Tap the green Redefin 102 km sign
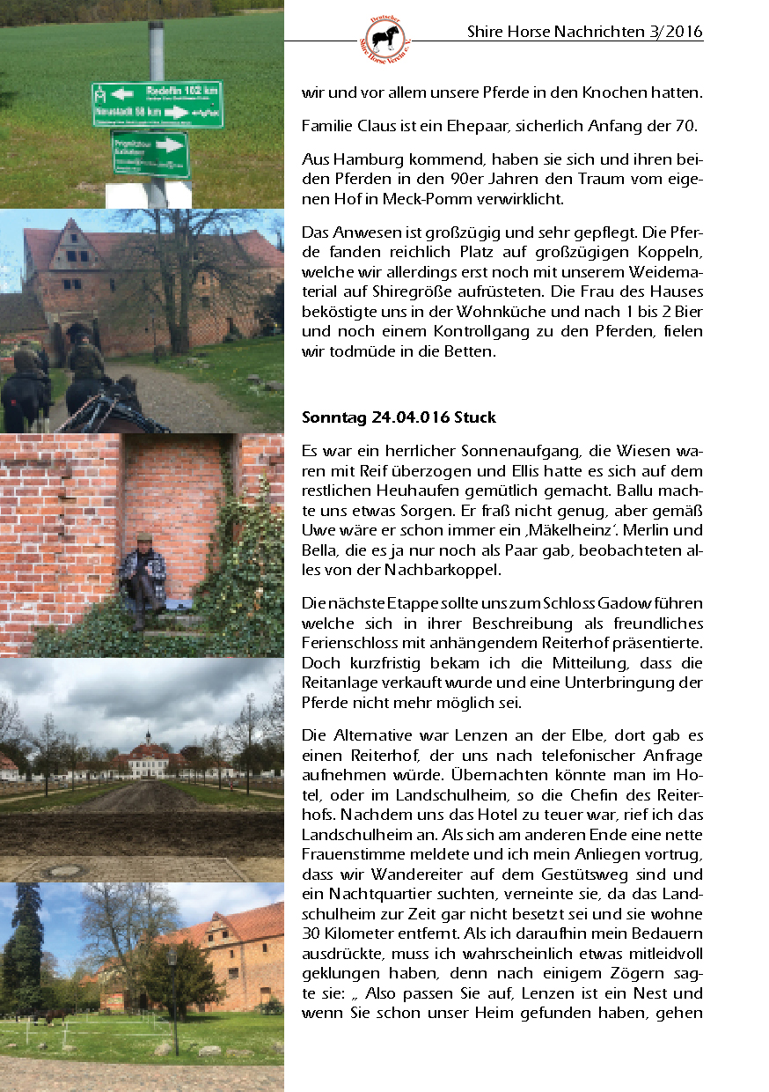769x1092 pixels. (x=157, y=103)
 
